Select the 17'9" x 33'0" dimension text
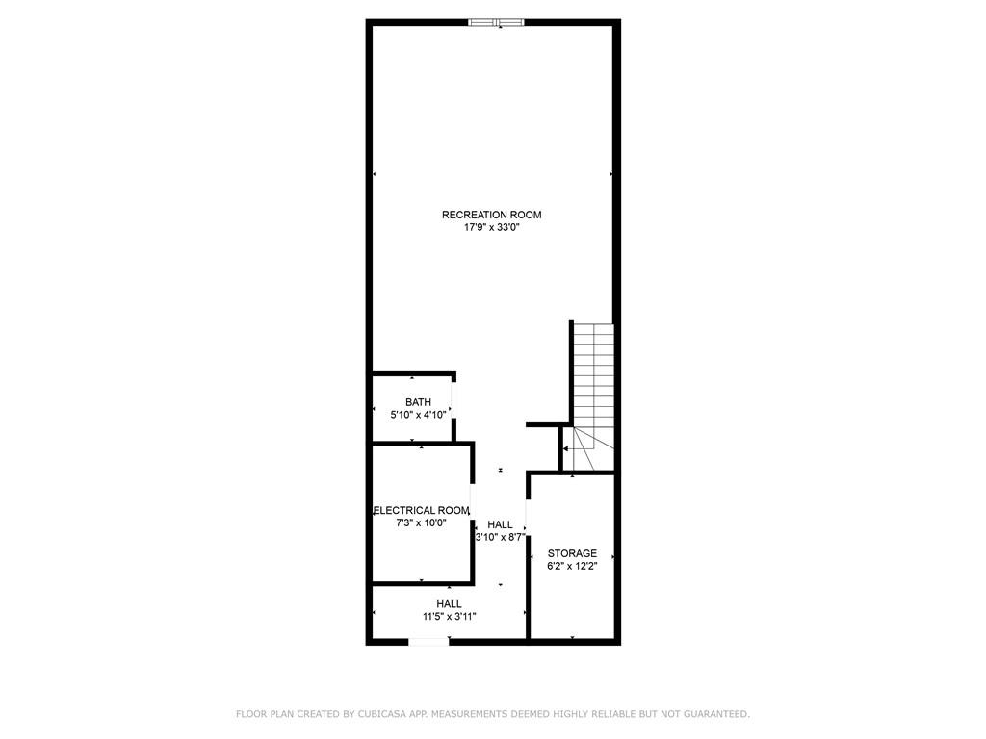pyautogui.click(x=492, y=228)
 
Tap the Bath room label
pyautogui.click(x=418, y=402)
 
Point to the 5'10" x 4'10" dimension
pyautogui.click(x=418, y=415)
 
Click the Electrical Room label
pyautogui.click(x=422, y=510)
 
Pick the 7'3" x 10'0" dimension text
pyautogui.click(x=422, y=522)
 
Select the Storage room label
pyautogui.click(x=572, y=553)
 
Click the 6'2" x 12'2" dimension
pyautogui.click(x=572, y=566)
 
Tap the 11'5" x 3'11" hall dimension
pyautogui.click(x=449, y=617)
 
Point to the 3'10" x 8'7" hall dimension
pyautogui.click(x=500, y=537)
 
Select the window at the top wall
pyautogui.click(x=497, y=22)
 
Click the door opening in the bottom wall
pyautogui.click(x=428, y=641)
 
